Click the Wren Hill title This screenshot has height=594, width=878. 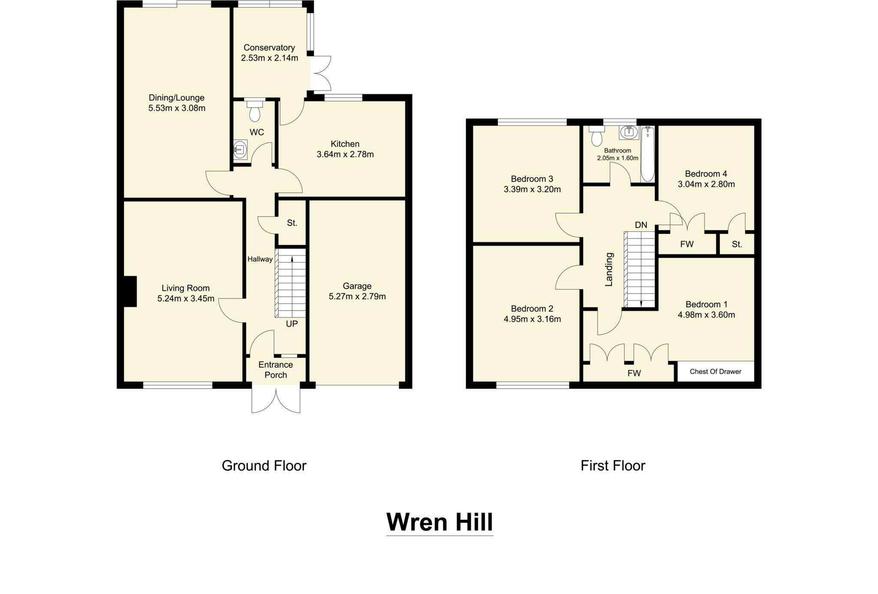pos(439,522)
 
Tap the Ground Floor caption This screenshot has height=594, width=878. pos(264,466)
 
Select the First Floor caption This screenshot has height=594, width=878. pos(613,466)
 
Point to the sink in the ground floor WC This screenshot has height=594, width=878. pos(241,149)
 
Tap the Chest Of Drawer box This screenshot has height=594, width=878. pos(715,372)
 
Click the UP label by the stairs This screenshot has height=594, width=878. pos(292,324)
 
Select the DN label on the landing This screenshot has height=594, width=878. pos(641,225)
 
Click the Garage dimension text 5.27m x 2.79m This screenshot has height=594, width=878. pos(357,297)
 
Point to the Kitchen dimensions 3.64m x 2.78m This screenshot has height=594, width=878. pos(345,155)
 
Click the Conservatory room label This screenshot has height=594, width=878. pos(269,48)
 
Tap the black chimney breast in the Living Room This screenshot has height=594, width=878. pos(129,291)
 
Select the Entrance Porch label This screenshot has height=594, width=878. pos(276,370)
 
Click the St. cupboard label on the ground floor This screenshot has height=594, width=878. pos(292,223)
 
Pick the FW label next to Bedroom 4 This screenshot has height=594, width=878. pos(687,244)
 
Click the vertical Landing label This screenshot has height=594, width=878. pos(609,270)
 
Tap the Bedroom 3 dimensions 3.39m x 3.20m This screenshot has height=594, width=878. pos(532,189)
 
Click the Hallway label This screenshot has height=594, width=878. pos(260,259)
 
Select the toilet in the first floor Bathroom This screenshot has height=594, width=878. pos(596,136)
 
